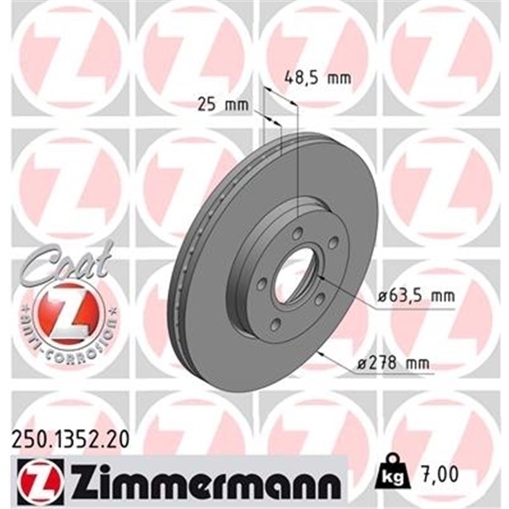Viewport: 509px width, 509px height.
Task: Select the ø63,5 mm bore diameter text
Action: (x=413, y=296)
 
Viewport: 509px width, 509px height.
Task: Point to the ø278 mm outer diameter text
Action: (x=393, y=364)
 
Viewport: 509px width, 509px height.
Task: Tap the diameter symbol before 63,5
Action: (x=378, y=296)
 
